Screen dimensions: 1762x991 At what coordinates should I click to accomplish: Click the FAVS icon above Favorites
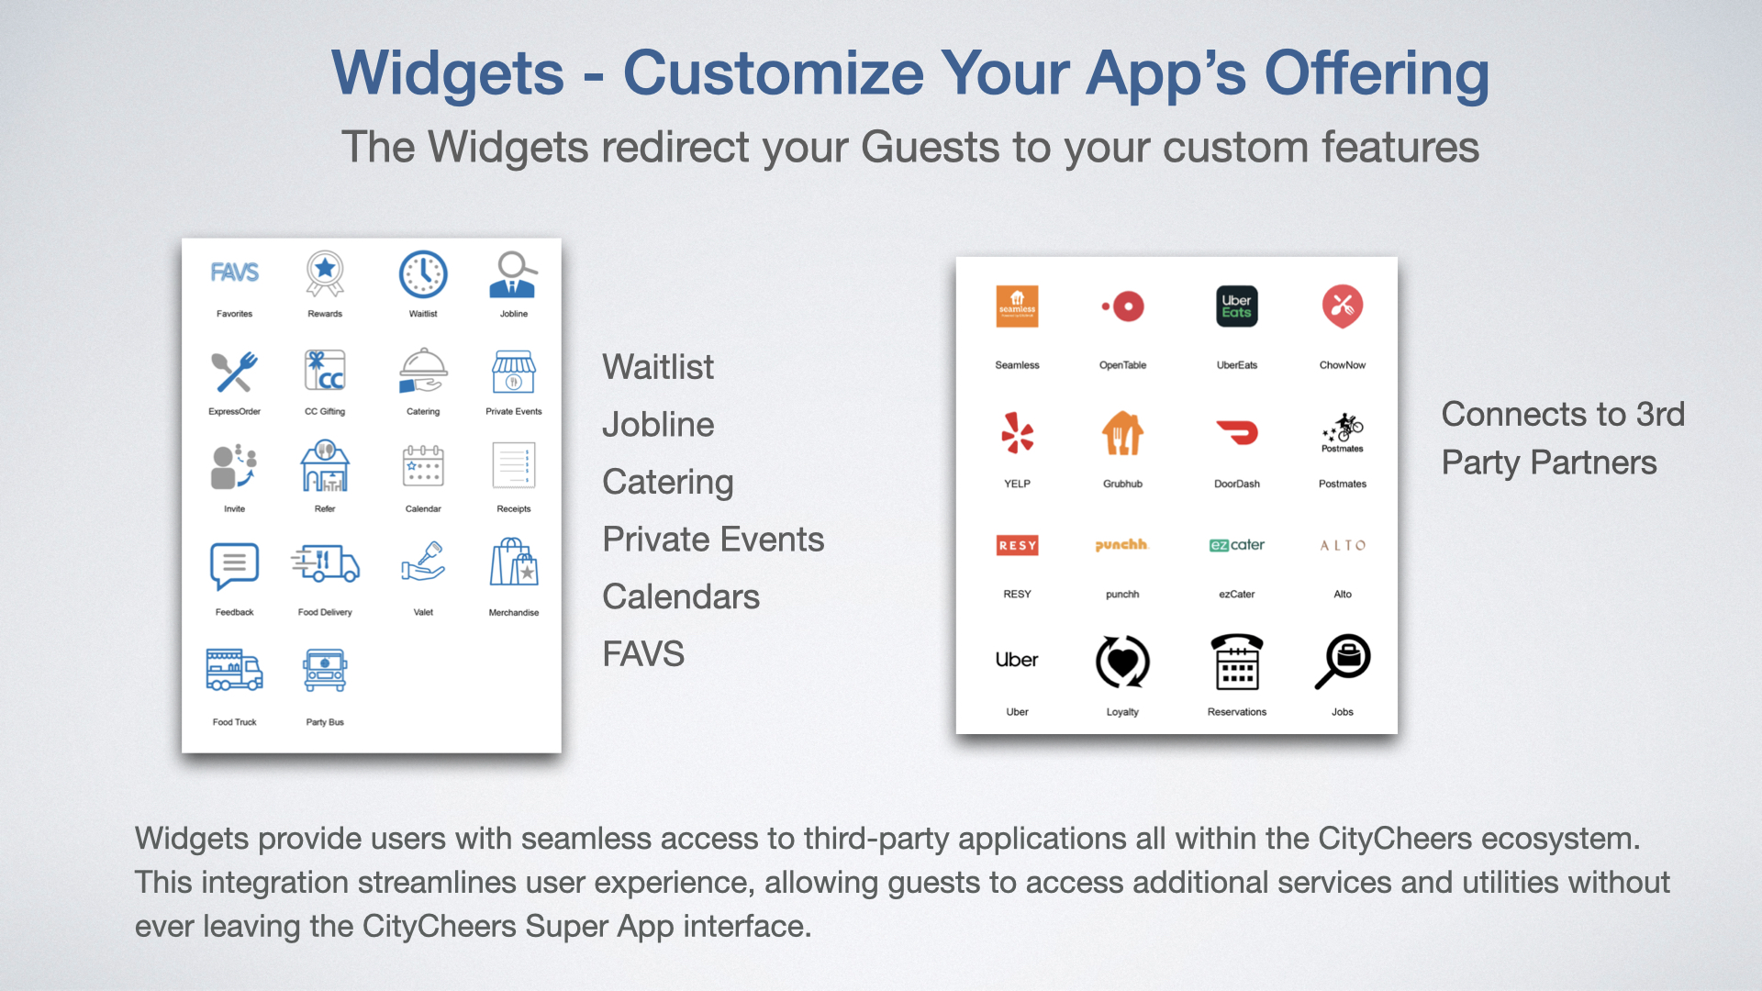point(235,273)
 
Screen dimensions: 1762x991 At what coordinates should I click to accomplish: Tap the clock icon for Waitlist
point(423,274)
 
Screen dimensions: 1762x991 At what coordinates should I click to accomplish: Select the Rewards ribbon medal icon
point(325,273)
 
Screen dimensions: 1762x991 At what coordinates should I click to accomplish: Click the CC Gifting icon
point(325,372)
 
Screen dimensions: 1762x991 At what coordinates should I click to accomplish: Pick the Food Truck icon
point(234,670)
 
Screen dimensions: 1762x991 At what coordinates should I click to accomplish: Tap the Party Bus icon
point(325,670)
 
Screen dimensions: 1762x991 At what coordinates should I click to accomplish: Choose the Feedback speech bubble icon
point(234,565)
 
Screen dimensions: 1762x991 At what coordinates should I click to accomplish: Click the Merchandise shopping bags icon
point(514,562)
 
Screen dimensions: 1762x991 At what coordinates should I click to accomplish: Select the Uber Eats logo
point(1237,306)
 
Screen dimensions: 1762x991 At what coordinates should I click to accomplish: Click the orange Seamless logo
point(1017,306)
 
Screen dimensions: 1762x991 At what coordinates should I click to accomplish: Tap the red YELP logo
point(1017,432)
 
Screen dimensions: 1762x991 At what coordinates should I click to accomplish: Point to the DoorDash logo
point(1237,432)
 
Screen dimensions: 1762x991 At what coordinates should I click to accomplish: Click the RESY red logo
point(1017,545)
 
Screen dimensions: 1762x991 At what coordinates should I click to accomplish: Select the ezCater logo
point(1237,545)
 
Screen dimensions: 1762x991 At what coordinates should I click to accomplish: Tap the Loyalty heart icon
point(1122,661)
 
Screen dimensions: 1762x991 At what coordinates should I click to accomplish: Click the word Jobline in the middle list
point(658,425)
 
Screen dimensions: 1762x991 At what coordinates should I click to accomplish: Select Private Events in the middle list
point(713,540)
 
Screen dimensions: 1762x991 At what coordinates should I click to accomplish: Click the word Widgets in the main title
point(448,73)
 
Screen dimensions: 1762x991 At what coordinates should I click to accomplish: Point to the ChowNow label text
point(1343,365)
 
